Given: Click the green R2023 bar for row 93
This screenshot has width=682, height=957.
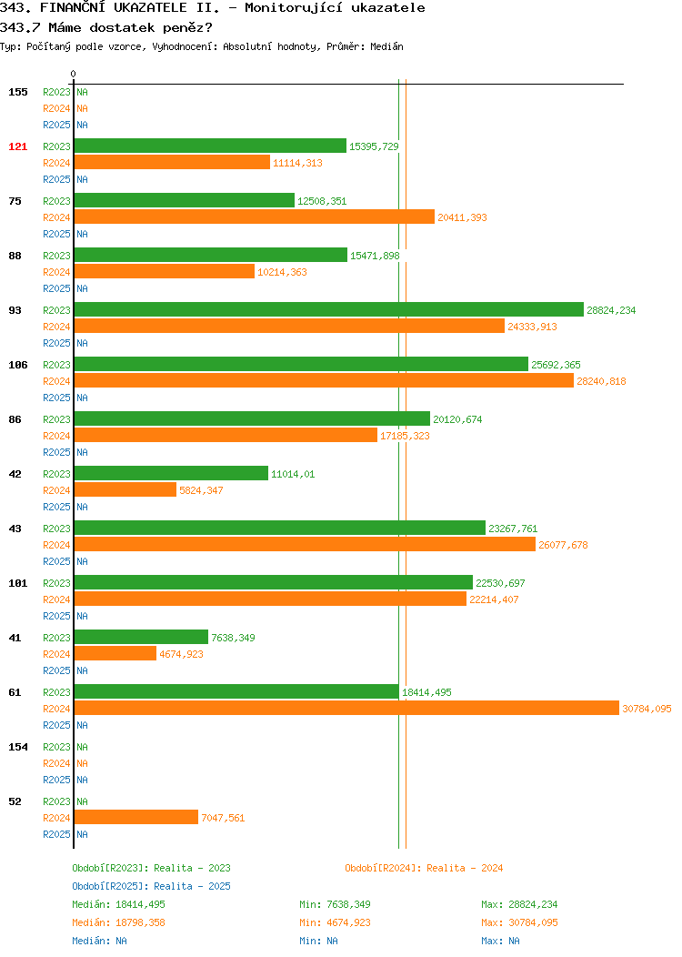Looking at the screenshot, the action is [x=329, y=310].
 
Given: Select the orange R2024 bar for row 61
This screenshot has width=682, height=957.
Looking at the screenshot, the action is [x=346, y=709].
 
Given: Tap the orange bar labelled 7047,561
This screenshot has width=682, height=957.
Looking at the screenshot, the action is [x=136, y=818].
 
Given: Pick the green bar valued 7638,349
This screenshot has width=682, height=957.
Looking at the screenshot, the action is [x=141, y=638].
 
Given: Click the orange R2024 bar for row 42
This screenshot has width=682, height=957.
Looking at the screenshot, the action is [x=125, y=490].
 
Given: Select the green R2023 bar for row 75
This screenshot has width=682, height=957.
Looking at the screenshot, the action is [x=185, y=201].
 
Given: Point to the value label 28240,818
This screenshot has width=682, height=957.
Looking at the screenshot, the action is [x=601, y=381].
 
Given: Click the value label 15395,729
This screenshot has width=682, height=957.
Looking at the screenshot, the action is [x=374, y=146].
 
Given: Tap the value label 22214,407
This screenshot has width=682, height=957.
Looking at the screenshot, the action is [x=494, y=600].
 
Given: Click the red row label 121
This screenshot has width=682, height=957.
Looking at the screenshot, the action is [x=17, y=146].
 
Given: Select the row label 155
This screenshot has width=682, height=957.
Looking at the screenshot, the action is [x=17, y=92].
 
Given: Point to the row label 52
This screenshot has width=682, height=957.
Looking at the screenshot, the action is [x=15, y=802].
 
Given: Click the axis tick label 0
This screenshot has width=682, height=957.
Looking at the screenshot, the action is [x=74, y=75].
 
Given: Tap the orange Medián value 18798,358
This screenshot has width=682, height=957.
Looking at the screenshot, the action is [x=140, y=922].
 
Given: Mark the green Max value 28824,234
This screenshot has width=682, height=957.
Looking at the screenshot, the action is [x=533, y=904].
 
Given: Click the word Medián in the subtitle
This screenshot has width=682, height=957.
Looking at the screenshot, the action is [x=386, y=46].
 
